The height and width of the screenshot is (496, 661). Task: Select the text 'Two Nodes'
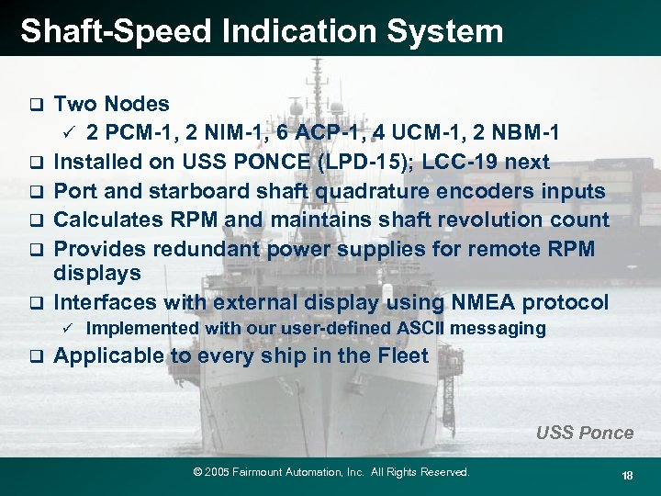112,104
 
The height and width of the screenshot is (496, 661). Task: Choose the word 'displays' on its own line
97,274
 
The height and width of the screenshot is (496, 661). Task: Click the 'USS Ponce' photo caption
585,433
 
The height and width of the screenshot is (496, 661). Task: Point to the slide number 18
628,474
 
